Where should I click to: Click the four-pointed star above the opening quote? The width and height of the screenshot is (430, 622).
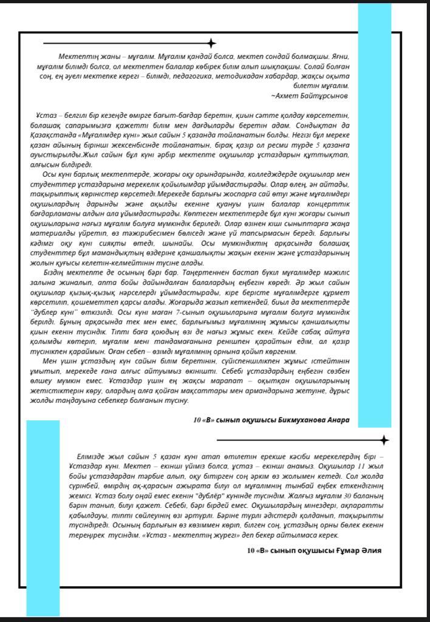click(x=211, y=43)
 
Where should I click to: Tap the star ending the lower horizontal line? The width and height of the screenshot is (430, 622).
click(x=383, y=440)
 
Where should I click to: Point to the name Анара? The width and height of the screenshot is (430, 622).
click(x=338, y=420)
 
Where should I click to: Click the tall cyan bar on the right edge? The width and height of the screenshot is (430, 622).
click(x=374, y=213)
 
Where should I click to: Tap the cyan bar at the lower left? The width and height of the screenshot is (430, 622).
click(x=43, y=516)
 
